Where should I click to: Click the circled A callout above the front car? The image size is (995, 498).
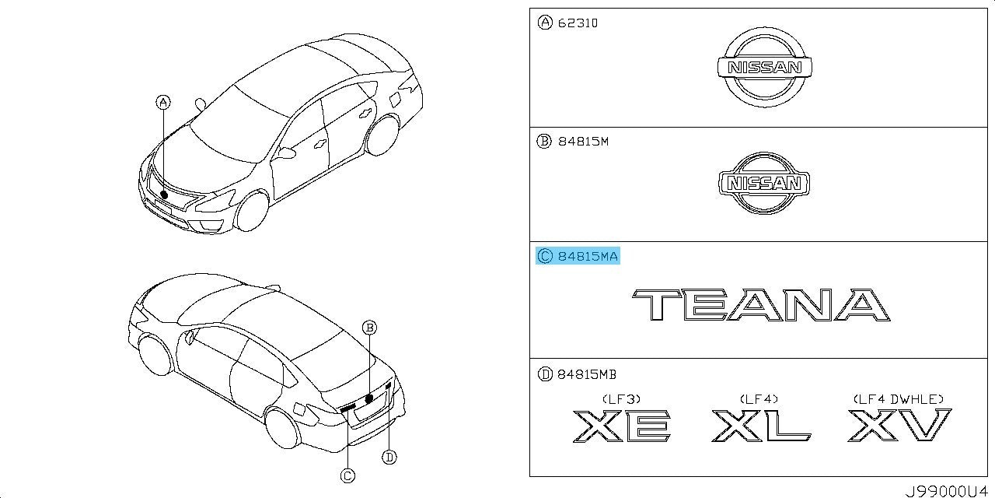(163, 103)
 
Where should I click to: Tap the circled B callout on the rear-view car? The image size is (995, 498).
(369, 328)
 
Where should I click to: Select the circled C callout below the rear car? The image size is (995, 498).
(347, 476)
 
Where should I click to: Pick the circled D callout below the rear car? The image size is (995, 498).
(389, 457)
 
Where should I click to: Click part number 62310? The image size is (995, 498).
(578, 23)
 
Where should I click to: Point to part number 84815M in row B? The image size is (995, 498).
(583, 142)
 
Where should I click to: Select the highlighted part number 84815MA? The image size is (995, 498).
(588, 256)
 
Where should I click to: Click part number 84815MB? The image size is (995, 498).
(587, 375)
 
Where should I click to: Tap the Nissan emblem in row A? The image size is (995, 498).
(765, 67)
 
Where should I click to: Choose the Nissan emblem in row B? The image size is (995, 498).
(764, 183)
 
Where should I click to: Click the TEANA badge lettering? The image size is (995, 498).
(761, 304)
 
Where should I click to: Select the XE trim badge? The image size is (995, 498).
(622, 426)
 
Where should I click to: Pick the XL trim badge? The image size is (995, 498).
(761, 426)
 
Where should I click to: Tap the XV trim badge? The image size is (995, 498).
(900, 425)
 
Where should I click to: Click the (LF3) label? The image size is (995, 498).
(621, 399)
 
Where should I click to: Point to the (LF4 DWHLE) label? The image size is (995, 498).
(899, 399)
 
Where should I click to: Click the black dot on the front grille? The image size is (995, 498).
(164, 195)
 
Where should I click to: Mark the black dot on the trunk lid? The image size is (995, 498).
(368, 398)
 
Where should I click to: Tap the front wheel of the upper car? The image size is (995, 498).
(253, 211)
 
